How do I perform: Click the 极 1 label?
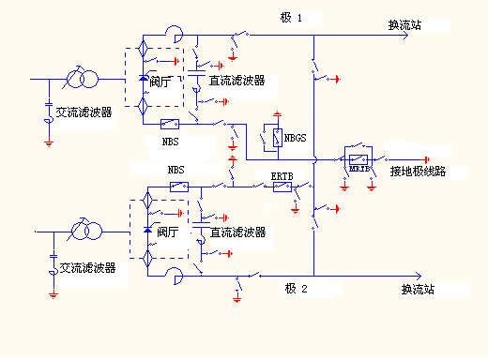[x=292, y=18]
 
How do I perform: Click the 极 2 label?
[x=296, y=289]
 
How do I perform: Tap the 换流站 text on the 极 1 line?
[x=404, y=25]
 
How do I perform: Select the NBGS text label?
[x=295, y=137]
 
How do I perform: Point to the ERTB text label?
[x=282, y=175]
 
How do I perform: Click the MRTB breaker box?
[x=358, y=158]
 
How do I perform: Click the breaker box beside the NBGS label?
[x=273, y=138]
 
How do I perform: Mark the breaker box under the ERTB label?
[x=282, y=187]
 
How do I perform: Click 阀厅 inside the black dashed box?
[x=161, y=82]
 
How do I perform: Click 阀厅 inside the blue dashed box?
[x=167, y=232]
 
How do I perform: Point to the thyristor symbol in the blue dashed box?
[x=147, y=229]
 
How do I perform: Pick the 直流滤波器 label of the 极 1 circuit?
[x=236, y=81]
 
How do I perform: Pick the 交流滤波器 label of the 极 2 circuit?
[x=87, y=267]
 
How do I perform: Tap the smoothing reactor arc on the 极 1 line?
[x=175, y=34]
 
